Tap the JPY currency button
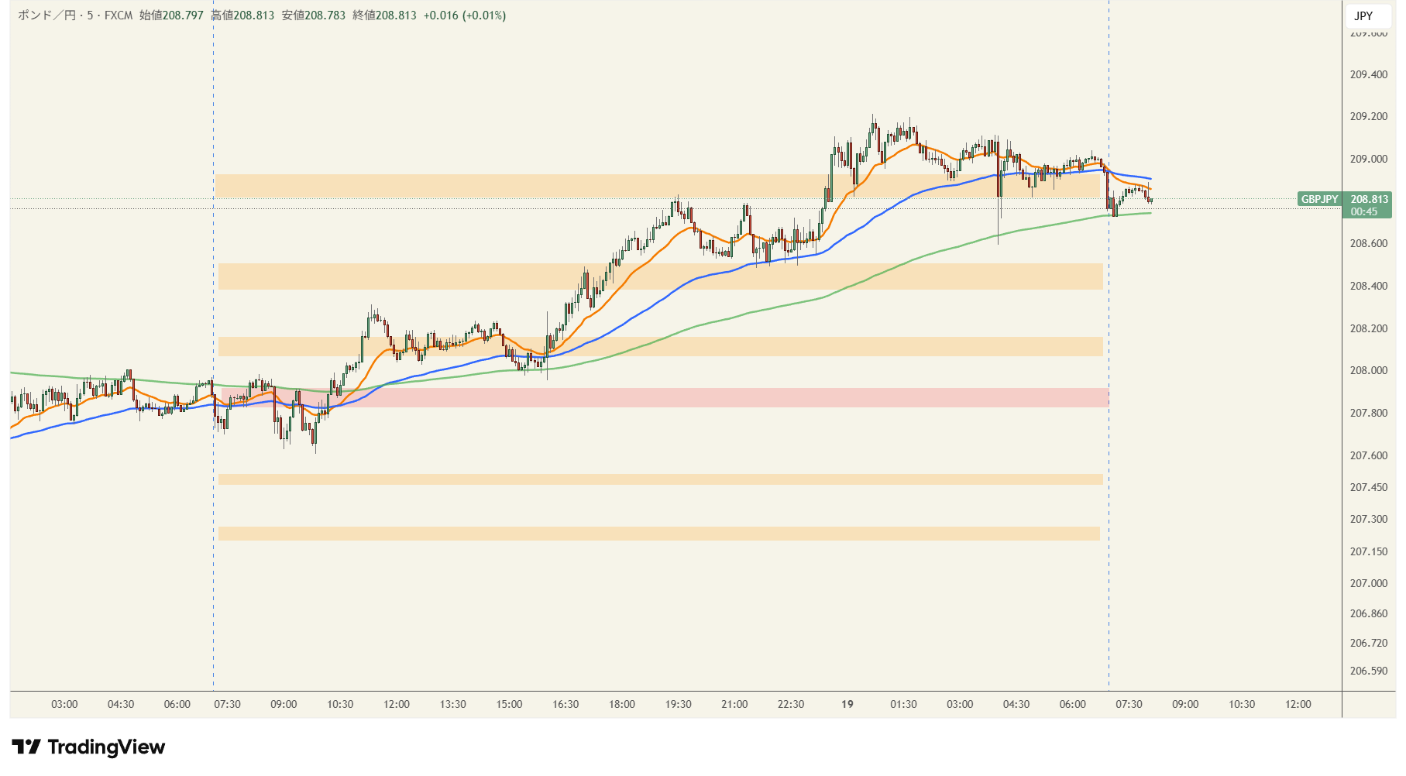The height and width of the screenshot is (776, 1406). [1363, 15]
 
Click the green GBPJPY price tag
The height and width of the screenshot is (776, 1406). [1319, 199]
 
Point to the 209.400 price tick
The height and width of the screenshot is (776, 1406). [1368, 74]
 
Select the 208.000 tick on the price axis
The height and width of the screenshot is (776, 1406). [1368, 370]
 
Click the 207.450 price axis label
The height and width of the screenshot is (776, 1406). [1368, 487]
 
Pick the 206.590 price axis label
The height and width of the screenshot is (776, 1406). [1368, 671]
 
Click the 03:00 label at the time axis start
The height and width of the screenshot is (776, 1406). [64, 704]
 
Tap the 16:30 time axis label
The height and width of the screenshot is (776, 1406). [565, 704]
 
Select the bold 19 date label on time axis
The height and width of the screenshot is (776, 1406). [847, 704]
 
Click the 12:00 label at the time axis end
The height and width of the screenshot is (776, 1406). [1298, 704]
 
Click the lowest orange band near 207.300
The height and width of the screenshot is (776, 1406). [658, 534]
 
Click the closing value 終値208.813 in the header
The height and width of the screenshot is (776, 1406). [384, 15]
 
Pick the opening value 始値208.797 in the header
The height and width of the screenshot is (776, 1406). [171, 15]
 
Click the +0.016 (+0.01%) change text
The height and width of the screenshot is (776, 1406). [464, 15]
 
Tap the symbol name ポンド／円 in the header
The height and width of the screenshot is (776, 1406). [46, 15]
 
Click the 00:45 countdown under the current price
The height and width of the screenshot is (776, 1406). [1363, 211]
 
